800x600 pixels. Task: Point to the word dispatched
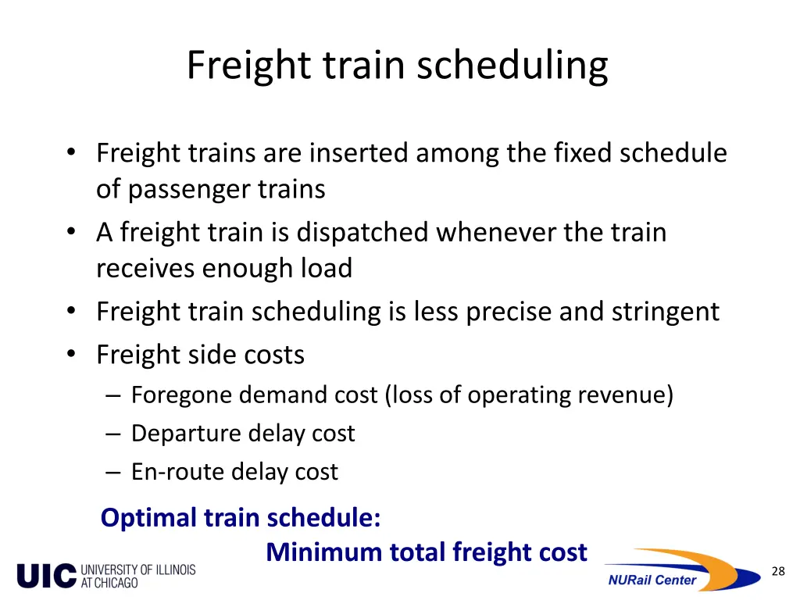tap(363, 233)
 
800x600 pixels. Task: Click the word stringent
tap(665, 312)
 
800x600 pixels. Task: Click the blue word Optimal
tap(149, 518)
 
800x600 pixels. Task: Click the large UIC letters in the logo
tap(46, 576)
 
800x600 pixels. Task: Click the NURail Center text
tap(652, 580)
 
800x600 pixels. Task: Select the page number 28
tap(777, 572)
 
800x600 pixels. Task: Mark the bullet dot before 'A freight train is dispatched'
tap(72, 233)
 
